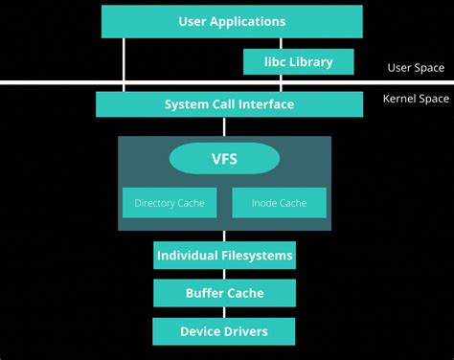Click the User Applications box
(232, 21)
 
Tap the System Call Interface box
(229, 104)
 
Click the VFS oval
(224, 158)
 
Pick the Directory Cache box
(170, 203)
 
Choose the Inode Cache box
(279, 203)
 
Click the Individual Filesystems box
(224, 256)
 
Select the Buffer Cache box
(224, 294)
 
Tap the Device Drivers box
(224, 332)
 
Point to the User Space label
(414, 68)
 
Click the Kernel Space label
(416, 99)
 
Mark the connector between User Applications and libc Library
(281, 43)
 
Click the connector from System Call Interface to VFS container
(224, 126)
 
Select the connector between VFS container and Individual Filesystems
(224, 236)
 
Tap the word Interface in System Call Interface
(264, 104)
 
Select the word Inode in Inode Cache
(264, 203)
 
